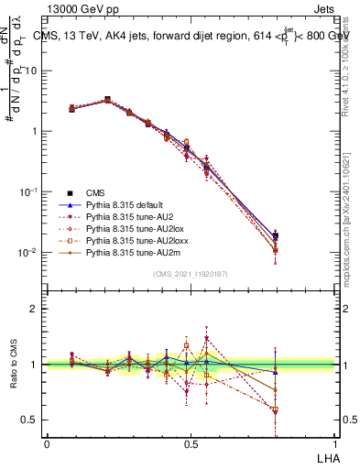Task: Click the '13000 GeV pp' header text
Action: click(x=88, y=11)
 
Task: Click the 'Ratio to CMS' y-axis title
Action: click(x=14, y=366)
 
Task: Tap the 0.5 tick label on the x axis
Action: click(x=190, y=442)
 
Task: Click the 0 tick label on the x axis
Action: click(x=47, y=442)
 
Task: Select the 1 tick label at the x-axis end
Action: click(x=333, y=442)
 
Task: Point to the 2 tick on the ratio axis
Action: click(x=36, y=309)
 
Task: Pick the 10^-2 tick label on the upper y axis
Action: click(x=28, y=253)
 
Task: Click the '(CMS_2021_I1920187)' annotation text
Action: click(x=190, y=274)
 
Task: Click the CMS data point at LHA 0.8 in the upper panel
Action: click(x=275, y=235)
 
